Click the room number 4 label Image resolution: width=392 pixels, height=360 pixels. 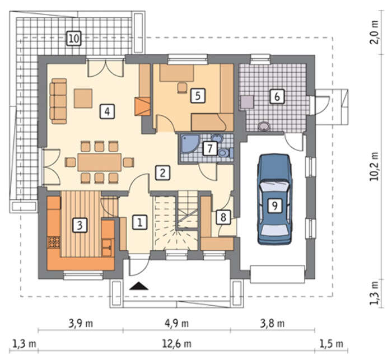pos(108,111)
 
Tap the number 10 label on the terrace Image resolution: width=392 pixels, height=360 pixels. pos(74,39)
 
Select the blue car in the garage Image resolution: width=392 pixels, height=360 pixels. pos(275,199)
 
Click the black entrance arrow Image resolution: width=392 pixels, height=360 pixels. pos(139,286)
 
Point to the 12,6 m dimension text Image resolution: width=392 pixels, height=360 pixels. pos(176,344)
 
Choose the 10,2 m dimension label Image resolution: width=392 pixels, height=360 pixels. pos(374,166)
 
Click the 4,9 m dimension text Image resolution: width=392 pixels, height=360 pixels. pos(176,324)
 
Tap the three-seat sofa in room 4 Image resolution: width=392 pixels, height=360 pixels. pos(58,101)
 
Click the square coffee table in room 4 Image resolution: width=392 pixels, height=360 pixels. pos(83,98)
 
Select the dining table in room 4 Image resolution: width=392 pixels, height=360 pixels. pos(100,162)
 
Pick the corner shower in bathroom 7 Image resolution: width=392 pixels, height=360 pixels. pos(190,143)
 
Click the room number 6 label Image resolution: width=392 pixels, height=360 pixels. pos(277,96)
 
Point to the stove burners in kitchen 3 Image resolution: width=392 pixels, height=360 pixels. pos(54,242)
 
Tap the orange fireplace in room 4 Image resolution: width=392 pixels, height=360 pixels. pos(142,106)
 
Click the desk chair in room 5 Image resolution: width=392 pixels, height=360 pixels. pos(182,88)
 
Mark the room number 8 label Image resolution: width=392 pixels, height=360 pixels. pos(223,217)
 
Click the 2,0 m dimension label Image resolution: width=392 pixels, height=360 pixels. pos(374,32)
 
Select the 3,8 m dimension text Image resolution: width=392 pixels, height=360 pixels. pos(272,324)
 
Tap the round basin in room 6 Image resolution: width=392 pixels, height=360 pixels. pos(264,126)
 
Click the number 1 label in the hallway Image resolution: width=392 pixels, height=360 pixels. pos(140,222)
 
